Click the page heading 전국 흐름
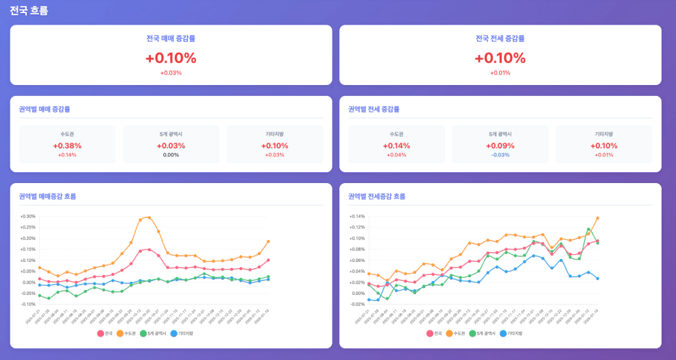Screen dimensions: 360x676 29,10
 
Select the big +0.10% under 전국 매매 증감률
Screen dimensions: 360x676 171,58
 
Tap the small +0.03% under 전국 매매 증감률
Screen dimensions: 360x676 171,73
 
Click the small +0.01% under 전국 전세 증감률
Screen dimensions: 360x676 500,73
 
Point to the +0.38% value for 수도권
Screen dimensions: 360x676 67,145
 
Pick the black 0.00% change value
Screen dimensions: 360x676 171,155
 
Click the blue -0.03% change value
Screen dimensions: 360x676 500,155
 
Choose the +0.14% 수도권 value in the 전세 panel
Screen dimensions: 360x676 396,145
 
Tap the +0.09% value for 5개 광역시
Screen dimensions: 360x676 500,145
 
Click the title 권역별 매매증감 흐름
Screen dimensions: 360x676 47,196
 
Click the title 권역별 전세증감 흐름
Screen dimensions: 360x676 376,196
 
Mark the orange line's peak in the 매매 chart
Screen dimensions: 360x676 149,217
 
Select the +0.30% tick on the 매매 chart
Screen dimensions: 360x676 28,217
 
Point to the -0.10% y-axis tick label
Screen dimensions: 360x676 28,304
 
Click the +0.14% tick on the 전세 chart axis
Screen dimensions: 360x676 357,217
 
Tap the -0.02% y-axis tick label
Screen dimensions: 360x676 357,304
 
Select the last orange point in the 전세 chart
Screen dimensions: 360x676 597,218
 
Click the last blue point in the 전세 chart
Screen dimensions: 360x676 597,278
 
